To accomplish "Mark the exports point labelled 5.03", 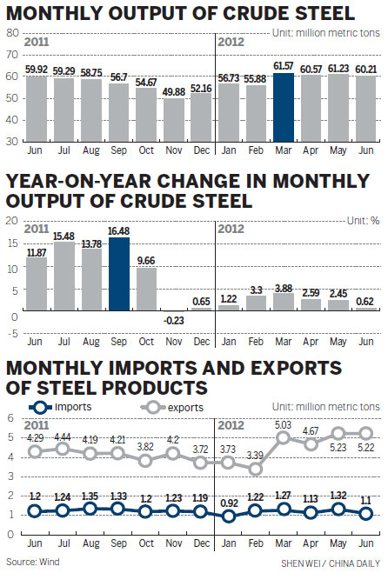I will pyautogui.click(x=284, y=438).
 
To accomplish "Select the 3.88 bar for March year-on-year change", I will pyautogui.click(x=284, y=301).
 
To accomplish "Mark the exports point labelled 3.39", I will pyautogui.click(x=257, y=469).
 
